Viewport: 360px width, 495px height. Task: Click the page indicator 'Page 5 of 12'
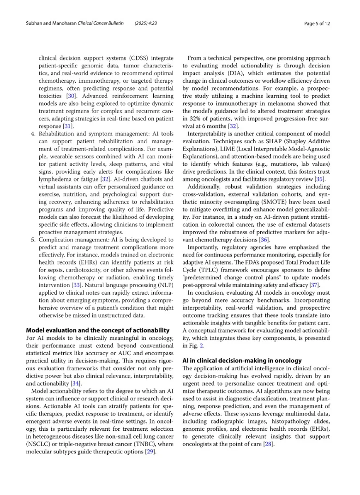317,23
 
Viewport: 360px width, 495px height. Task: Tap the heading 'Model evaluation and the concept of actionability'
98,330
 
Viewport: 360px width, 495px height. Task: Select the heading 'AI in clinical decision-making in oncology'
242,360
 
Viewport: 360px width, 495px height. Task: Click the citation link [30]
72,96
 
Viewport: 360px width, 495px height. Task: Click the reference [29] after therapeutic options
150,452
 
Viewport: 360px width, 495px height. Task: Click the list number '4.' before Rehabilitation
33,133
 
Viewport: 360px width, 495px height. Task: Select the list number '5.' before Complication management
33,240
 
